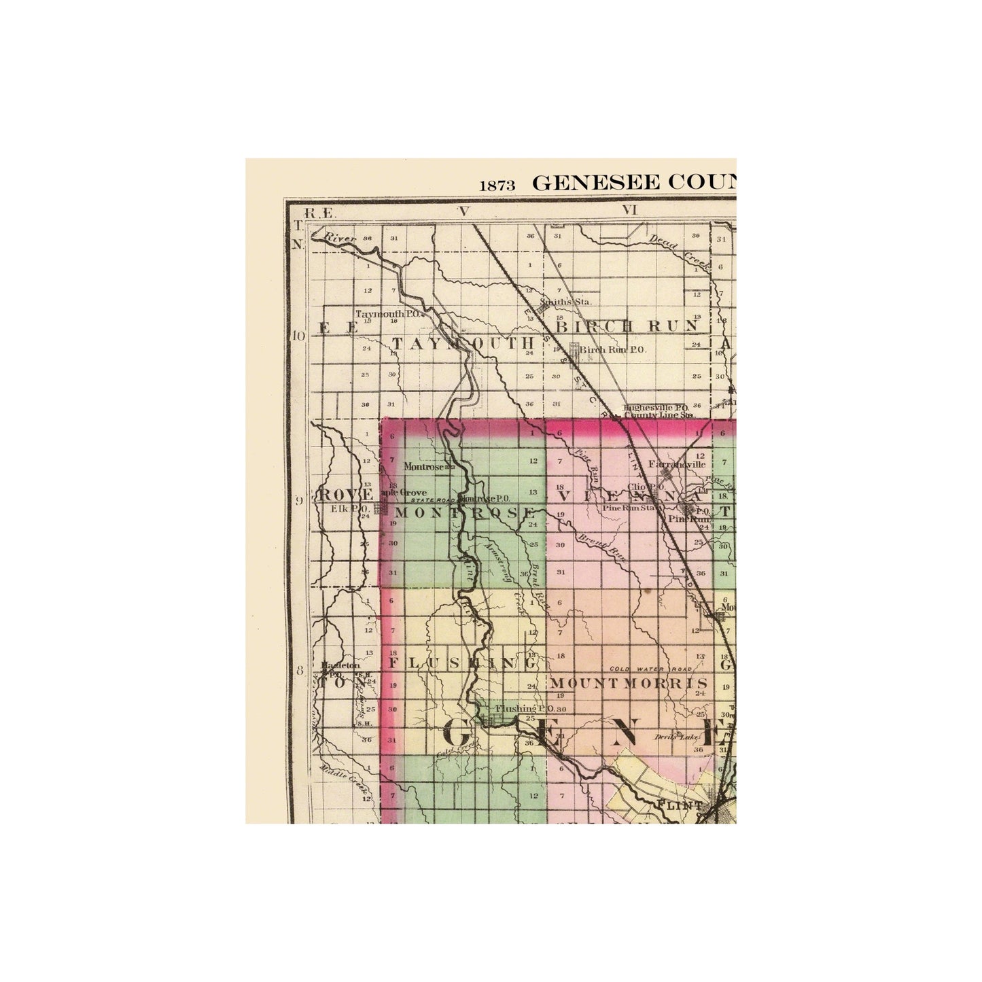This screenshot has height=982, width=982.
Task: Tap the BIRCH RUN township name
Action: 628,326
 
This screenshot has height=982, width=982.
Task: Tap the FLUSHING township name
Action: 463,663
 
